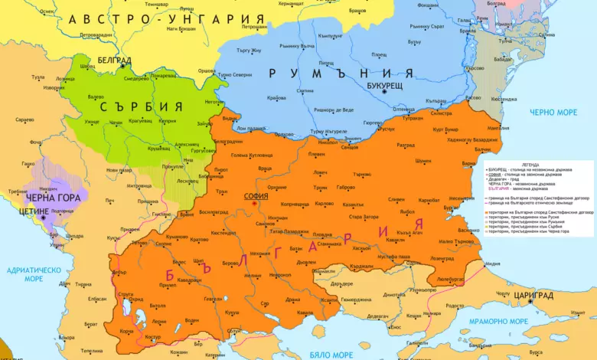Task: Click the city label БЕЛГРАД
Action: pyautogui.click(x=114, y=59)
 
